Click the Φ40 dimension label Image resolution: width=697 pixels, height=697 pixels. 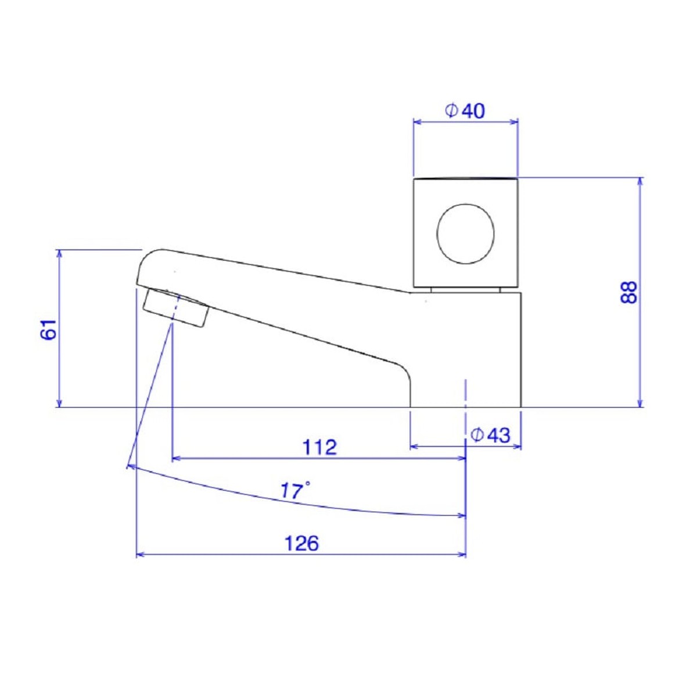(x=465, y=111)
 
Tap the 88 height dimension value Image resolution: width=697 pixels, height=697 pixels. (x=628, y=293)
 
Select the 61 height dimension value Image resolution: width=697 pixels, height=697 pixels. (x=49, y=329)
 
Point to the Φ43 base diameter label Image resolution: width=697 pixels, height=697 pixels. (x=490, y=436)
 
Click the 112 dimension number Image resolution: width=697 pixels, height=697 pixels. (x=319, y=447)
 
